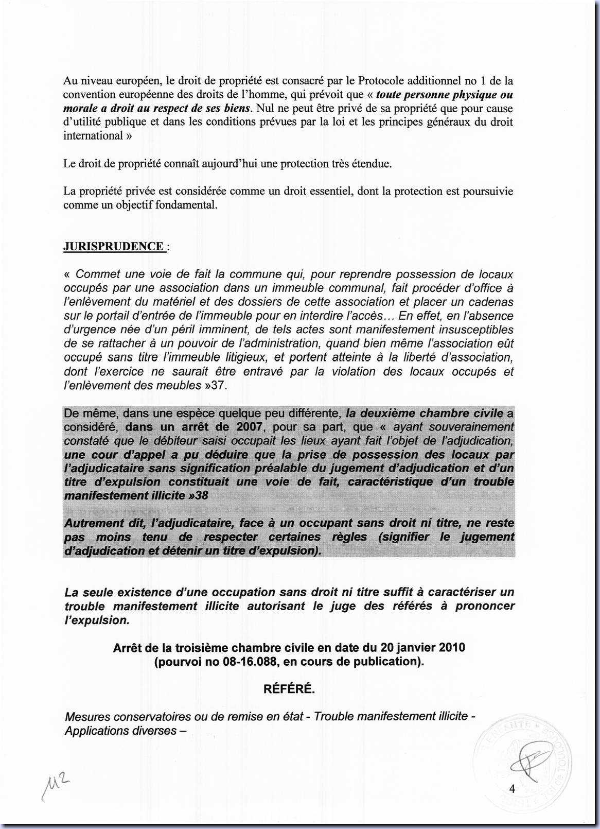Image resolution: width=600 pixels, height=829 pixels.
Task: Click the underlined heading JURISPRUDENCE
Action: point(113,246)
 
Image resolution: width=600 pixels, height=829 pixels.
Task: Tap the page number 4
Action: point(512,788)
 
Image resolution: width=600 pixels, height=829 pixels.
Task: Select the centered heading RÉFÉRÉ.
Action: point(289,688)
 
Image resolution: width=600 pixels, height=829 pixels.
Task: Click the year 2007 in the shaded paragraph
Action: point(250,427)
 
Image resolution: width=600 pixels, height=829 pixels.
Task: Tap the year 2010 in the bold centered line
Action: point(449,647)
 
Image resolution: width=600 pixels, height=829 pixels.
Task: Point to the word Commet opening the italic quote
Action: point(98,274)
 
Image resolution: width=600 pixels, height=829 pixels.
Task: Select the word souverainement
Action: point(474,427)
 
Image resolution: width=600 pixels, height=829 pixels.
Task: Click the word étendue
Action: point(370,164)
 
